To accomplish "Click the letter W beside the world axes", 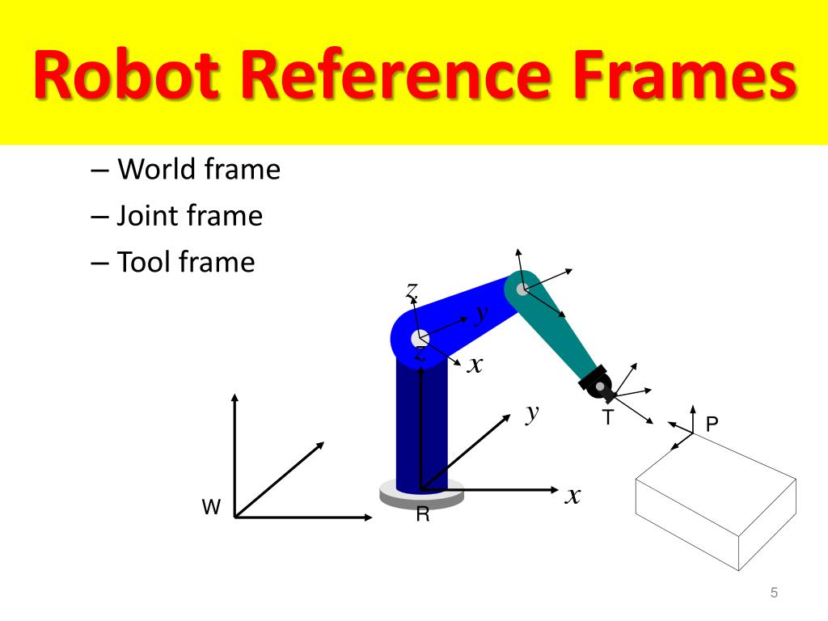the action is pyautogui.click(x=211, y=508).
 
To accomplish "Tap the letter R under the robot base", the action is pyautogui.click(x=422, y=514).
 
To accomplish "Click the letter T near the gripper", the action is pyautogui.click(x=607, y=417).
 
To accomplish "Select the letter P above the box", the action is pyautogui.click(x=712, y=423).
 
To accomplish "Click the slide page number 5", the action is pyautogui.click(x=774, y=594).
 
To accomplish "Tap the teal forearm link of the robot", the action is pyautogui.click(x=558, y=332).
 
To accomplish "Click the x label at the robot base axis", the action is pyautogui.click(x=572, y=495).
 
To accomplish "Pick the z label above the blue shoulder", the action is pyautogui.click(x=412, y=290).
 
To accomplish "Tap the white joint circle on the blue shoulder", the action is pyautogui.click(x=419, y=337).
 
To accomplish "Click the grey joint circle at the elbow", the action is pyautogui.click(x=522, y=288).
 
